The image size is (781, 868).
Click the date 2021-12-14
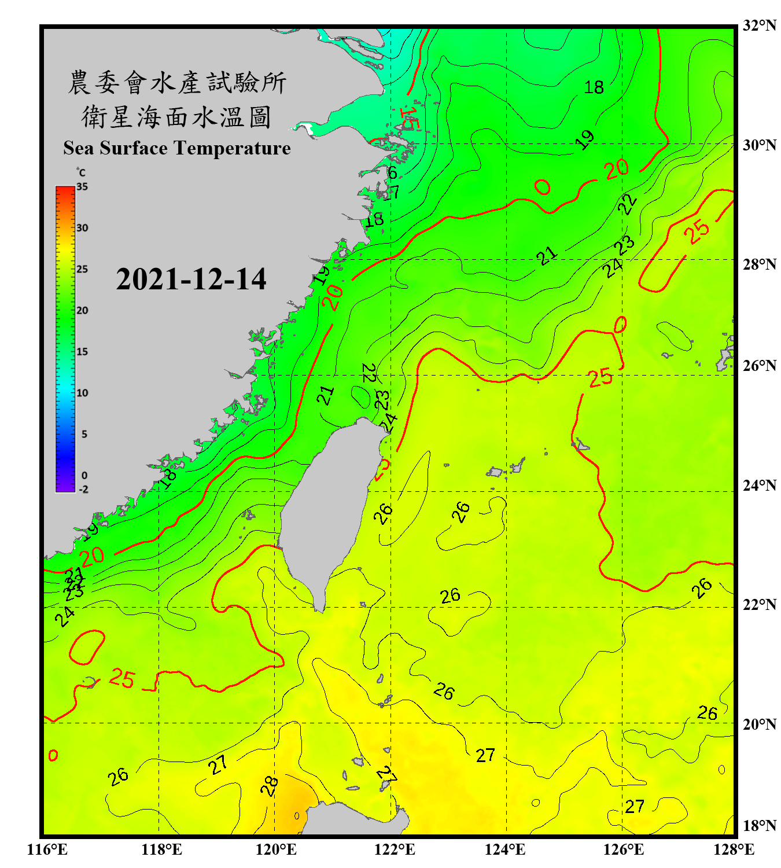(191, 279)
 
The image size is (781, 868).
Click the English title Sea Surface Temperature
(176, 148)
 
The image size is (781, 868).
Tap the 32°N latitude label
(760, 25)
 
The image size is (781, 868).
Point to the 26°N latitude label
(760, 366)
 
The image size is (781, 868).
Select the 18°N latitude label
(760, 826)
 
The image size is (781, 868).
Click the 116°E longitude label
(47, 849)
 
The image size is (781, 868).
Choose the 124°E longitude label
(505, 849)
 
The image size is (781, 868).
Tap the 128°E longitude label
(734, 849)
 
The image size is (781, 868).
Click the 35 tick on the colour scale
(82, 187)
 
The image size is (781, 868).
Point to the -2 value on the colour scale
(83, 489)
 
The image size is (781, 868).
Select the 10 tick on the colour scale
(82, 393)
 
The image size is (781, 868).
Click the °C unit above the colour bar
(81, 173)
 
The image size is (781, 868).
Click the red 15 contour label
(408, 118)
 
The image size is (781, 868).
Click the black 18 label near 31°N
(594, 87)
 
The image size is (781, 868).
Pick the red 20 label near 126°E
(617, 169)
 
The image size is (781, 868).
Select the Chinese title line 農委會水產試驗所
(176, 83)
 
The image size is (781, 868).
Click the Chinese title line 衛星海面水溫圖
(176, 117)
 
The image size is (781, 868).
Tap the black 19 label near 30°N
(585, 139)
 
